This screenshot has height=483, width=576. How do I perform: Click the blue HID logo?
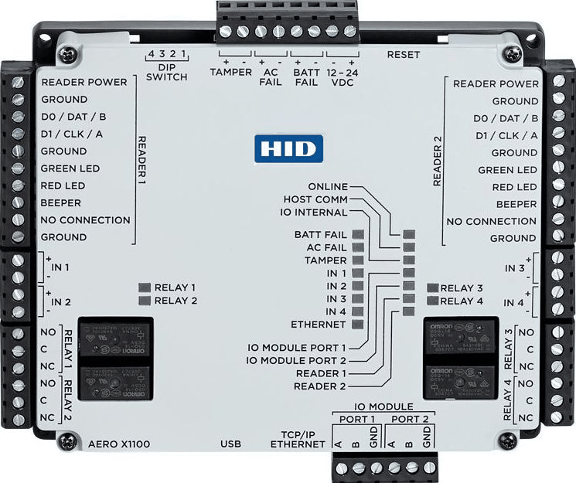(x=288, y=148)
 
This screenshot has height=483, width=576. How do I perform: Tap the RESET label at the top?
(x=404, y=56)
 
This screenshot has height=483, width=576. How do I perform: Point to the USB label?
(x=231, y=444)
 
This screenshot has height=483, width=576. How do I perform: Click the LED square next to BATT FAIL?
(x=358, y=234)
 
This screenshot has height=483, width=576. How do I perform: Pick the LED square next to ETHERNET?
(x=358, y=323)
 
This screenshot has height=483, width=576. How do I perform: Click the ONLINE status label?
(x=328, y=187)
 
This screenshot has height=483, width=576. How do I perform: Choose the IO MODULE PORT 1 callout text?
(x=296, y=348)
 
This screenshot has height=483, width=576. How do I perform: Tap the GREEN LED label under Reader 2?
(x=507, y=170)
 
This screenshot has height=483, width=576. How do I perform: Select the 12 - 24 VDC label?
(x=342, y=77)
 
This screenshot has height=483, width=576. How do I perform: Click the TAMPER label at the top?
(x=230, y=72)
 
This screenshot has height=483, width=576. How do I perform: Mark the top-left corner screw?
(x=71, y=53)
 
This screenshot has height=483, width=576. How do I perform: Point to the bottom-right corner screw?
(x=507, y=440)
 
